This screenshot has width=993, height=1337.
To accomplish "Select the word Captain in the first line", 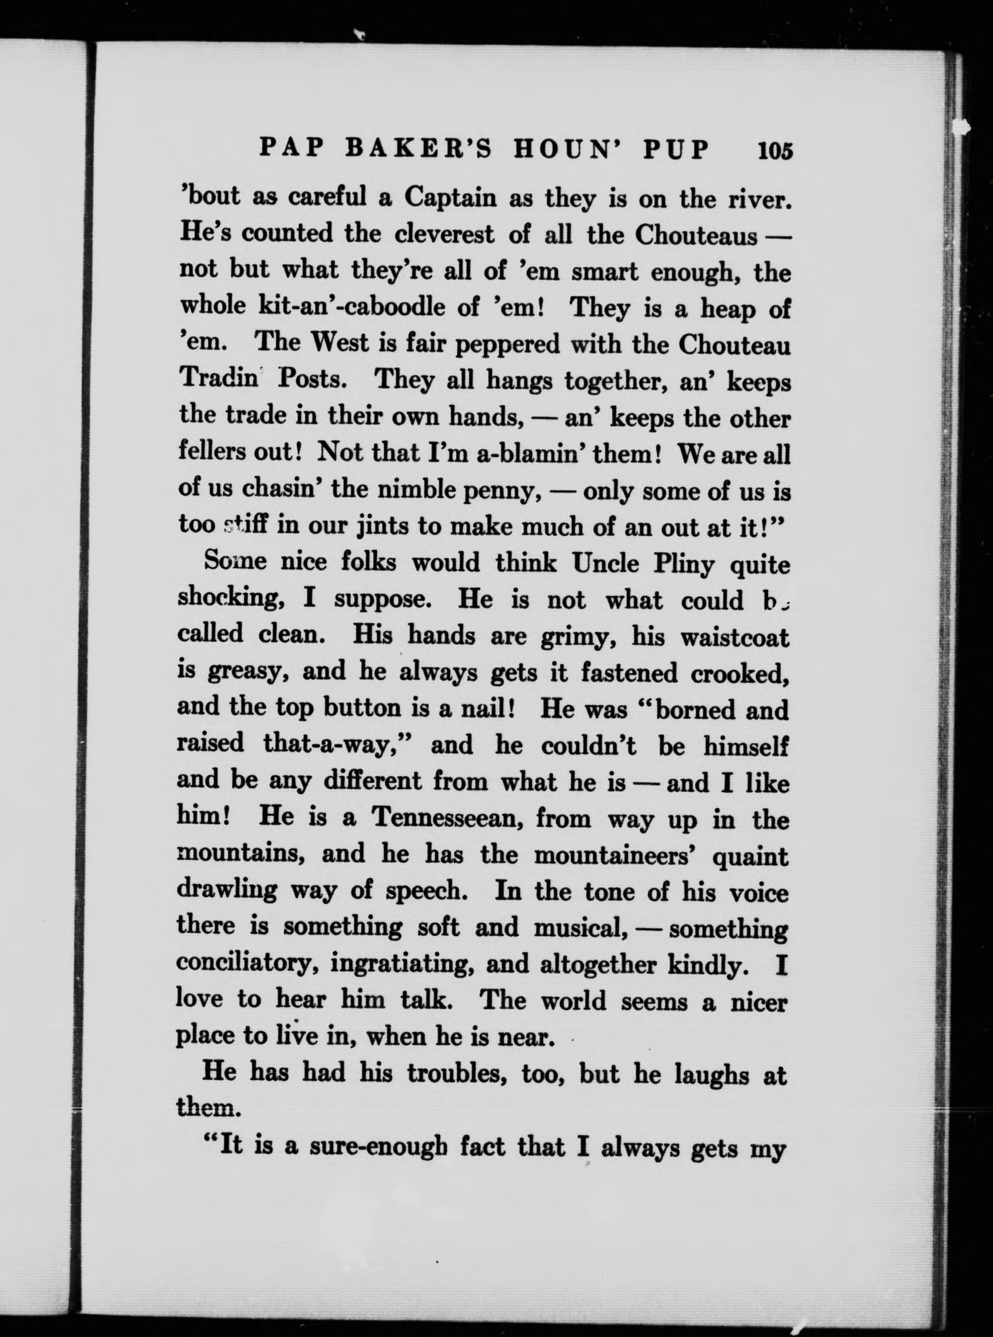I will coord(450,197).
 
